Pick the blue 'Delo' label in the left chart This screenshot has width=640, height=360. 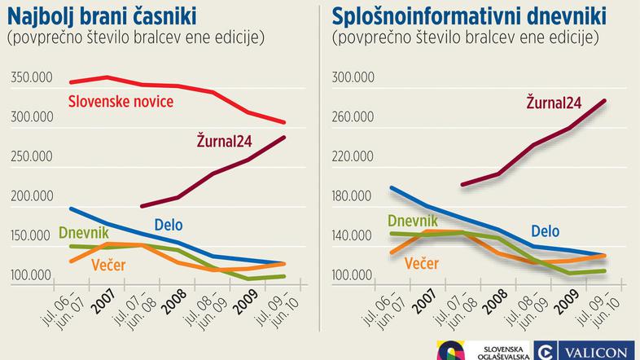point(168,225)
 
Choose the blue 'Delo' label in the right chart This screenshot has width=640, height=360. point(546,231)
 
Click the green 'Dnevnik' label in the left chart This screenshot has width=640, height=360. point(84,234)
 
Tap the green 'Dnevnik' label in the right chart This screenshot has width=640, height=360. point(412,220)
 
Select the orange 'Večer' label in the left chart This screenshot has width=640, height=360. point(109,265)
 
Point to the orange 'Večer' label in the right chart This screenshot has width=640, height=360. point(420,263)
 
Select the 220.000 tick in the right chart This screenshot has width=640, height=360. point(353,157)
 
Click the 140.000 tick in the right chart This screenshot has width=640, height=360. point(353,236)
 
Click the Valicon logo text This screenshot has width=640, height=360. point(598,351)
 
